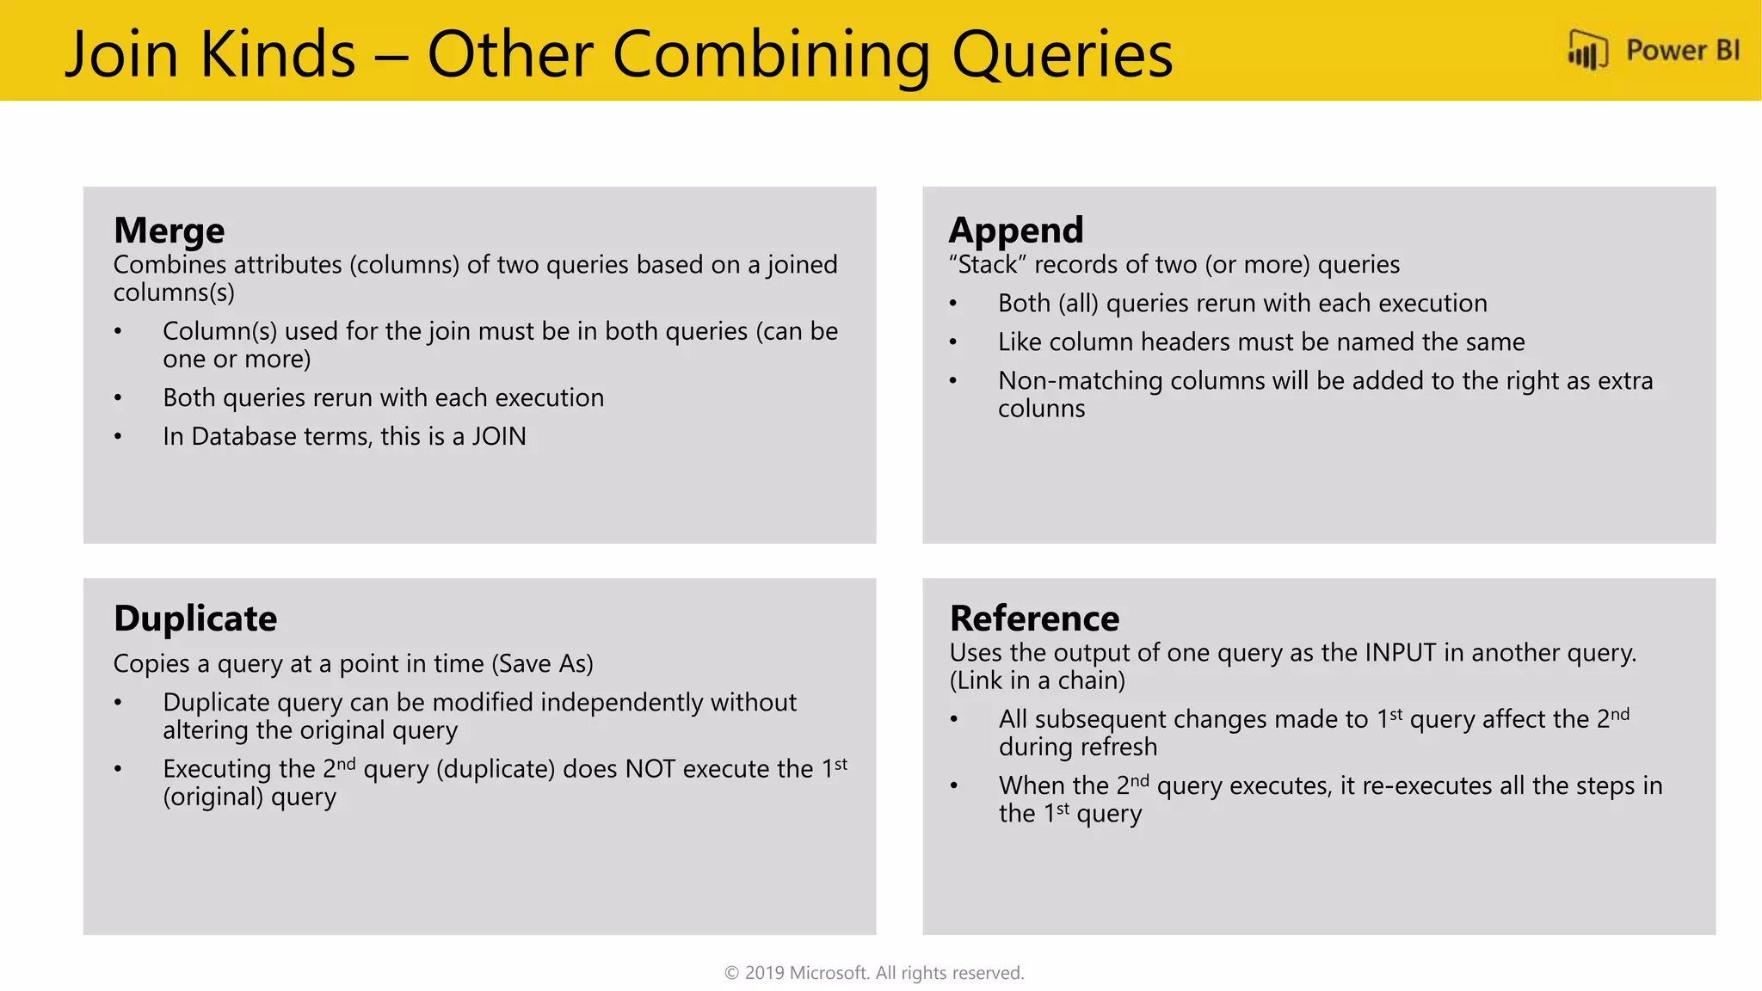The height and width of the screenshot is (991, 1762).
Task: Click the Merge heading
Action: pyautogui.click(x=169, y=231)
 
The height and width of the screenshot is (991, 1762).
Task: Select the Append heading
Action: pyautogui.click(x=1015, y=231)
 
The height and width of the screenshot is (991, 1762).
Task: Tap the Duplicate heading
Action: pyautogui.click(x=195, y=619)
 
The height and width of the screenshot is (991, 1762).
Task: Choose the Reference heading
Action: pyautogui.click(x=1034, y=619)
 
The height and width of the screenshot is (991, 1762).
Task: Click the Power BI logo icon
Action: pyautogui.click(x=1587, y=51)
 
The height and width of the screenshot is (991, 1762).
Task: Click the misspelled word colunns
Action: pyautogui.click(x=1041, y=409)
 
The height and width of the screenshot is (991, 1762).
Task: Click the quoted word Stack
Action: pyautogui.click(x=988, y=265)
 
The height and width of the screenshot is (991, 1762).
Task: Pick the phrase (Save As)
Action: pyautogui.click(x=542, y=664)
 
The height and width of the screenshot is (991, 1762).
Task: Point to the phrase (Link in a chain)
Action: pyautogui.click(x=1037, y=680)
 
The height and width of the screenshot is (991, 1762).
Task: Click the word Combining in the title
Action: pyautogui.click(x=771, y=54)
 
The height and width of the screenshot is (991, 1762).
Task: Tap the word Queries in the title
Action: pyautogui.click(x=1062, y=54)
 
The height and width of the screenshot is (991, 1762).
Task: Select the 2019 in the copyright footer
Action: pyautogui.click(x=764, y=973)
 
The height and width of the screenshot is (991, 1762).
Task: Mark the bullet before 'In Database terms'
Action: pyautogui.click(x=118, y=437)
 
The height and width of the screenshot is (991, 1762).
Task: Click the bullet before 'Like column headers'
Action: pyautogui.click(x=952, y=342)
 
